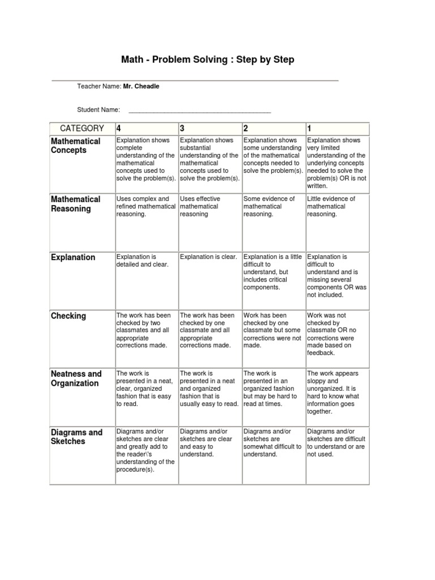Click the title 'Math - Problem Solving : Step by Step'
coord(208,59)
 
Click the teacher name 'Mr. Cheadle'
coord(141,86)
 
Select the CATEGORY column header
coord(82,129)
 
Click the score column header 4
coord(119,129)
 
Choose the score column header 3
coord(182,129)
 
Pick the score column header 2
coord(246,129)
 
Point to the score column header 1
coord(309,129)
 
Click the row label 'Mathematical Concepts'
coord(75,146)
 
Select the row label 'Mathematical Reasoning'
coord(75,204)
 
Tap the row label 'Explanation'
coord(73,257)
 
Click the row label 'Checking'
coord(69,315)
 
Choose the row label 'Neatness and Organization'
coord(76,378)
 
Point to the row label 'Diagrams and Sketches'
coord(76,437)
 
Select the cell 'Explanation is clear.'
coord(208,257)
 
